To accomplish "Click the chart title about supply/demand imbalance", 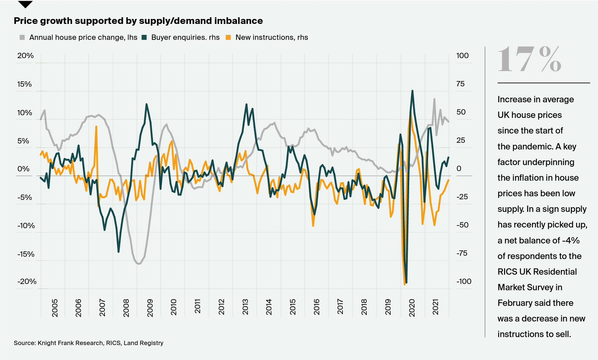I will coord(138,21).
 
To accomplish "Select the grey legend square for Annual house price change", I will coord(22,38).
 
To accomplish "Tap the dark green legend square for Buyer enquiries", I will coord(144,38).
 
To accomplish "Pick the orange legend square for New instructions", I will coord(228,38).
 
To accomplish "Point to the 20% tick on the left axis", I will coord(26,56).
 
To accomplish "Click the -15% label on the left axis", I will coord(26,254).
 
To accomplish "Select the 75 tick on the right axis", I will coord(460,84).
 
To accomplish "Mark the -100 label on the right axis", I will coord(464,282).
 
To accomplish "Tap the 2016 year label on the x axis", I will coord(317,307).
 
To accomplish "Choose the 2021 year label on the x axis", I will coord(435,307).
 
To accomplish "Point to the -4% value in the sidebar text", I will coord(571,240).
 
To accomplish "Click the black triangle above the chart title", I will coord(25,4).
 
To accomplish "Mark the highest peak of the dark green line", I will coord(412,91).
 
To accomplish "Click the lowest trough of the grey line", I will coord(138,264).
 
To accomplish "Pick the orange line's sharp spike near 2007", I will coord(96,127).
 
